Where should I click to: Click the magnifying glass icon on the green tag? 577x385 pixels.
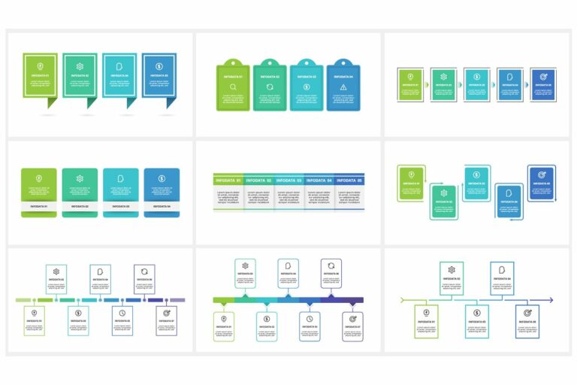234,87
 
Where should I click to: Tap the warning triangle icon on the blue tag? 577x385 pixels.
343,87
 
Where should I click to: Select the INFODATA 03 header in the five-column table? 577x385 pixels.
288,180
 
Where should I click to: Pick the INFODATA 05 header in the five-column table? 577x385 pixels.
349,180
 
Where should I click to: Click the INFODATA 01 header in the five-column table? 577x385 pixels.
228,180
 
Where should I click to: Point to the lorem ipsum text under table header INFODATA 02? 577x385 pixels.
258,196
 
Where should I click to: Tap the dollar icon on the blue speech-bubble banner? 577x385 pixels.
159,66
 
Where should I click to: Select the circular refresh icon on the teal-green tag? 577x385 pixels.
270,87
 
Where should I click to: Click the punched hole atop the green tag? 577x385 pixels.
234,62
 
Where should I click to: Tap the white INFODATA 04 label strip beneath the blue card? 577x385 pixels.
162,205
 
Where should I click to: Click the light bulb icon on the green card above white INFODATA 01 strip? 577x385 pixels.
39,179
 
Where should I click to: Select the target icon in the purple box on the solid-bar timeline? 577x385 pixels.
352,319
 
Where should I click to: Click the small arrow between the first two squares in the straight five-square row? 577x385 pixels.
429,84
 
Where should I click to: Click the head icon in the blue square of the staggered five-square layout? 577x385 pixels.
509,194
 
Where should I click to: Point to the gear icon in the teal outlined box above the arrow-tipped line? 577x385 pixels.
452,270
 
